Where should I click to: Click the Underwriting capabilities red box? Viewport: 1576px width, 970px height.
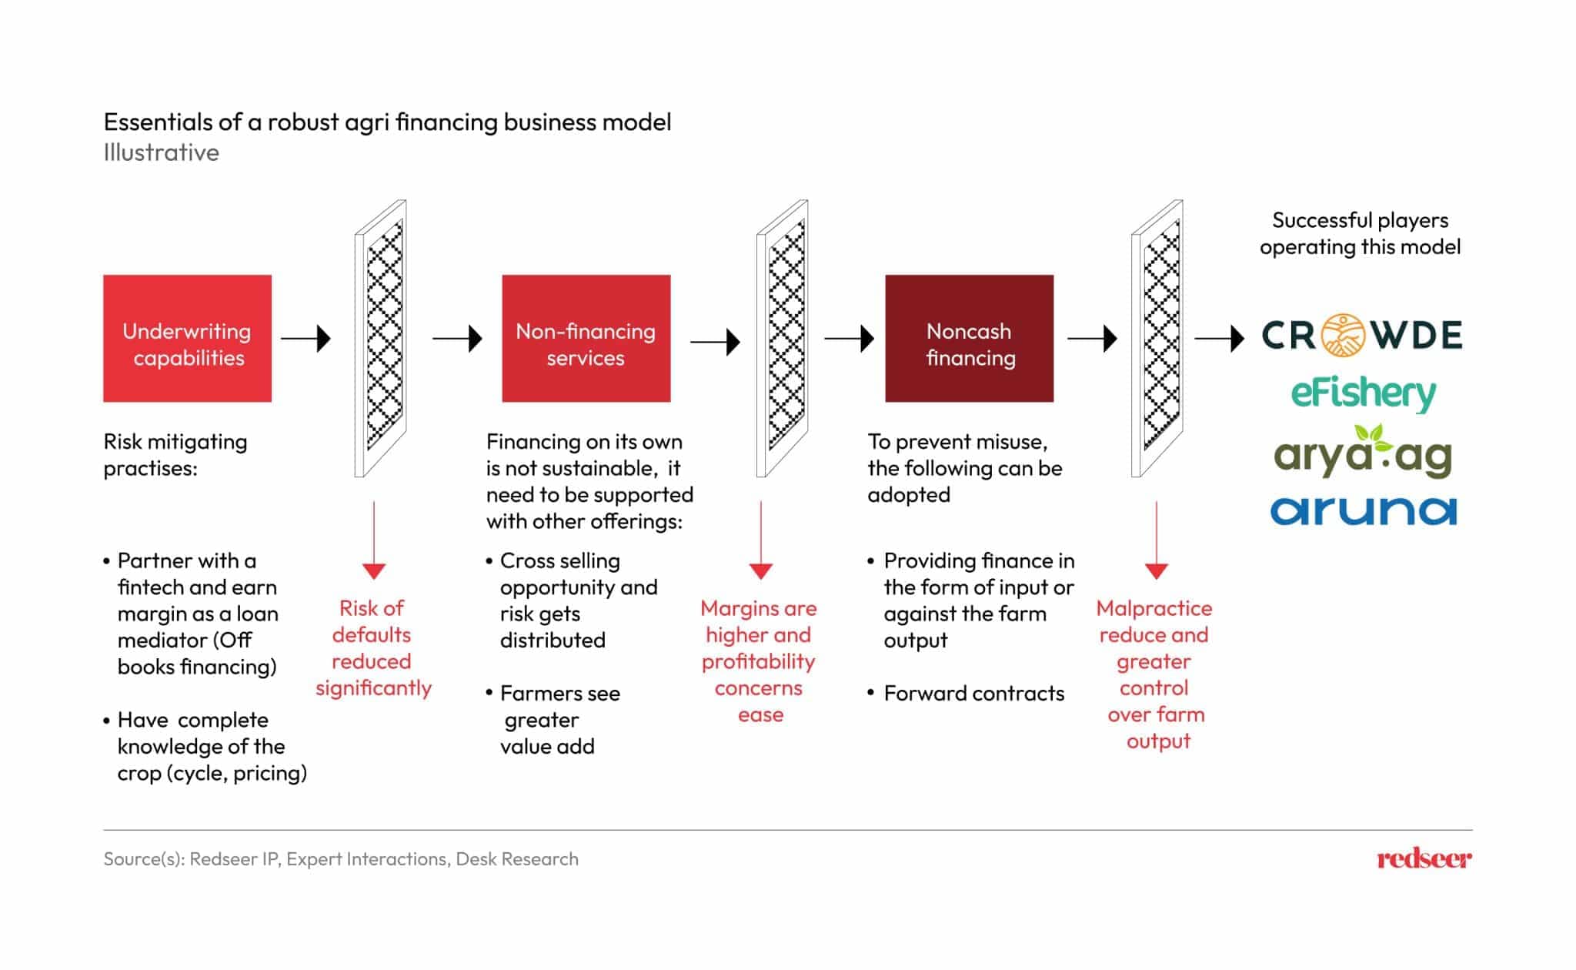[187, 338]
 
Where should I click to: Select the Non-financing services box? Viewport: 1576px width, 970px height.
[586, 338]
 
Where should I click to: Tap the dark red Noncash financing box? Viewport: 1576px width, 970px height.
[969, 338]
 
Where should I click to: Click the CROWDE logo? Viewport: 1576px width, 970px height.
[1361, 336]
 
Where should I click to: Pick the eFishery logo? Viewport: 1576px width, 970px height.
[1363, 393]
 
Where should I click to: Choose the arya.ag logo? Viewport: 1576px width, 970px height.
[1363, 454]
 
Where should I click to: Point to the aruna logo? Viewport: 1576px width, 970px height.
[1363, 510]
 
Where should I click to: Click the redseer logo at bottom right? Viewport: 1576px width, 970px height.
[1424, 858]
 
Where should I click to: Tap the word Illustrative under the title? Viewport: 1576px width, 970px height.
[161, 152]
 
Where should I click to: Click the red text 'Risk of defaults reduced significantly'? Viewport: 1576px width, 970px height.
[373, 647]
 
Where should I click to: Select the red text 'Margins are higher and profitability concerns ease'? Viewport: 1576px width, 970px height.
[759, 661]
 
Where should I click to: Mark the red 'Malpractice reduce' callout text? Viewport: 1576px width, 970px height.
[1154, 674]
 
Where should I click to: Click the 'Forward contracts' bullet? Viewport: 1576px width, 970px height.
[973, 693]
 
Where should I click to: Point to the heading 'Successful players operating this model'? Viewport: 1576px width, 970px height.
[1360, 233]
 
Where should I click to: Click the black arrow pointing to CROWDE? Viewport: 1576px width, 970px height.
[1219, 338]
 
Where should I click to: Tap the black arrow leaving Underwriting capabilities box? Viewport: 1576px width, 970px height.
[306, 338]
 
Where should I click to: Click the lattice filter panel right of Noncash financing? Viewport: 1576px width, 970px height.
[1157, 339]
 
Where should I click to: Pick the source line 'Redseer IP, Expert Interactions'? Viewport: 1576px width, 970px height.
[341, 858]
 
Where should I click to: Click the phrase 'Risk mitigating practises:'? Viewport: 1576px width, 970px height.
[175, 454]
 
